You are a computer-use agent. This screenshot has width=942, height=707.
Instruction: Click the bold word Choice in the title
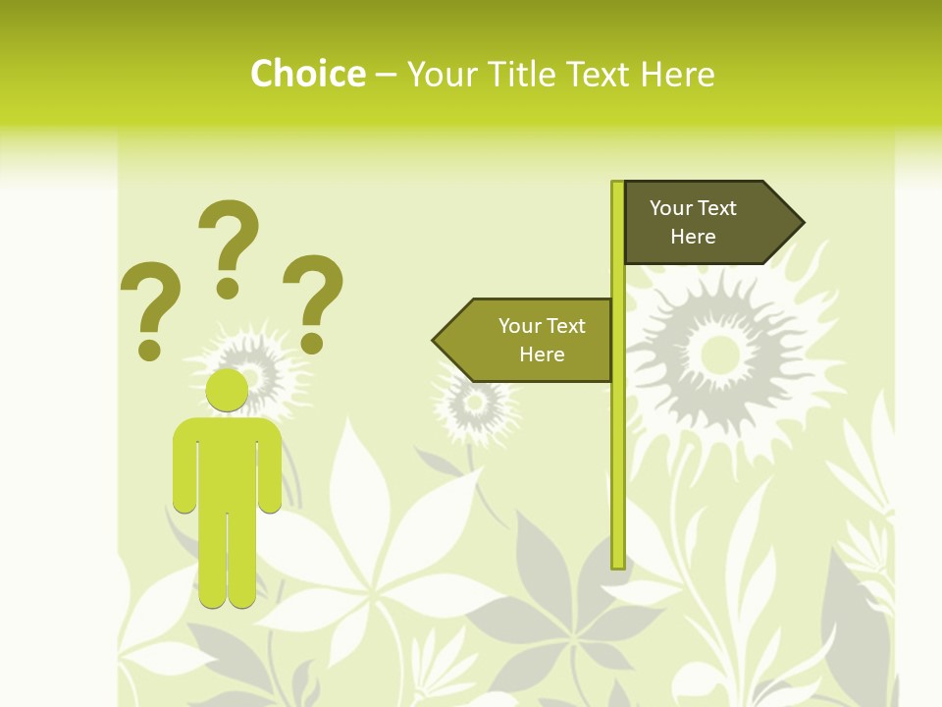pyautogui.click(x=307, y=74)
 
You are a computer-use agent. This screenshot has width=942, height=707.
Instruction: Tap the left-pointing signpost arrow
pyautogui.click(x=525, y=340)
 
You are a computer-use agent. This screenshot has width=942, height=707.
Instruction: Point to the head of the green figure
pyautogui.click(x=227, y=390)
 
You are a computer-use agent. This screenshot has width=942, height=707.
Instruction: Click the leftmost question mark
pyautogui.click(x=150, y=299)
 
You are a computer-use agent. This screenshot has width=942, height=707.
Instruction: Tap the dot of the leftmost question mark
pyautogui.click(x=150, y=349)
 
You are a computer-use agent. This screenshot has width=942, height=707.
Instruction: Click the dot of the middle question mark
pyautogui.click(x=228, y=287)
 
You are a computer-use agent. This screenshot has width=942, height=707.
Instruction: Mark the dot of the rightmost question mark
pyautogui.click(x=312, y=343)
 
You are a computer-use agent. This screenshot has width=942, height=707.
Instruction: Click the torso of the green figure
pyautogui.click(x=227, y=462)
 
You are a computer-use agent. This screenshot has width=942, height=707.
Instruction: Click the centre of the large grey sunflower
pyautogui.click(x=719, y=350)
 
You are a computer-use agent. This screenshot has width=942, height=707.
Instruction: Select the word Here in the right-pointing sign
pyautogui.click(x=693, y=237)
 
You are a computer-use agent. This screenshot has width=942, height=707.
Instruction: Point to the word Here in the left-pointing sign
pyautogui.click(x=542, y=354)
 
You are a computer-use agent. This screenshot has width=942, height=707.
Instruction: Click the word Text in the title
pyautogui.click(x=599, y=74)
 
